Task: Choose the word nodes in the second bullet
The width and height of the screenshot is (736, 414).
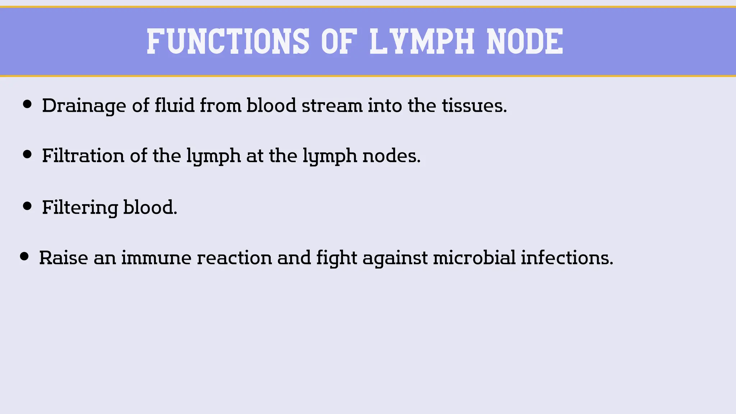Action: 391,156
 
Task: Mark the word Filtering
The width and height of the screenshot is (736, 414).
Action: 80,208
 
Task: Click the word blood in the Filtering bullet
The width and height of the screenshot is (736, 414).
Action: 150,207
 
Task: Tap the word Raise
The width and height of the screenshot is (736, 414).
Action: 63,258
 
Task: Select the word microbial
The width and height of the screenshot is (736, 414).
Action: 474,258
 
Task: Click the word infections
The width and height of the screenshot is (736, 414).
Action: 567,258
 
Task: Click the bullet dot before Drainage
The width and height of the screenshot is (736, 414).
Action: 27,104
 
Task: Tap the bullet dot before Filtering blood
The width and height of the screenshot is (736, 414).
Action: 27,206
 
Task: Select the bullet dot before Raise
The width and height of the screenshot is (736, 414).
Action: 24,256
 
